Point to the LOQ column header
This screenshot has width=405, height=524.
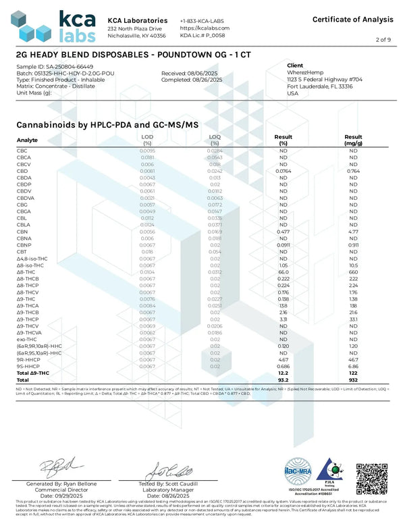215,140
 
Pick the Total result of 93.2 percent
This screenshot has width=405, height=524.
284,379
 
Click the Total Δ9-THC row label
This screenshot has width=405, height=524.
32,373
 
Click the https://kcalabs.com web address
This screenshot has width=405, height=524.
205,28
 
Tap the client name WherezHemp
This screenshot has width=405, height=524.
305,73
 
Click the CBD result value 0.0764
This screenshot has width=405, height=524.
284,172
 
